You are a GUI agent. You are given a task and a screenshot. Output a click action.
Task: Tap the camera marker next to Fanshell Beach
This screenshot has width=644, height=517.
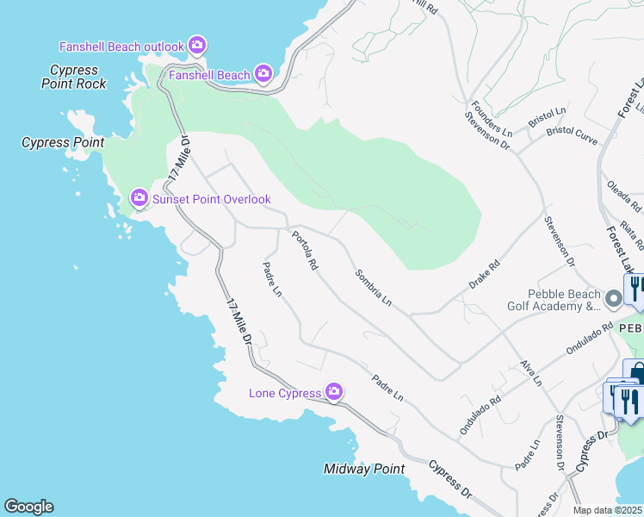pyautogui.click(x=263, y=75)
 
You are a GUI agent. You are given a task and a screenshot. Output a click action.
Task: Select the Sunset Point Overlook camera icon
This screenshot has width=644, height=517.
pyautogui.click(x=139, y=199)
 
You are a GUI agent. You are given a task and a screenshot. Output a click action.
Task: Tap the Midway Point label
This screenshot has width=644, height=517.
pyautogui.click(x=363, y=469)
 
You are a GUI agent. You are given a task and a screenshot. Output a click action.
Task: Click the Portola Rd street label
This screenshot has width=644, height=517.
pyautogui.click(x=305, y=252)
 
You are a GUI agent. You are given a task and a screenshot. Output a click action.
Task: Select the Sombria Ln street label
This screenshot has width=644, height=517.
pyautogui.click(x=374, y=288)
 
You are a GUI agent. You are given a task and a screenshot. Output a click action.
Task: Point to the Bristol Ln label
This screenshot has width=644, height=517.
pyautogui.click(x=548, y=118)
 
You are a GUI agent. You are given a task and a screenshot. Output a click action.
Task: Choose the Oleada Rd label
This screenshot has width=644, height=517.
pyautogui.click(x=625, y=196)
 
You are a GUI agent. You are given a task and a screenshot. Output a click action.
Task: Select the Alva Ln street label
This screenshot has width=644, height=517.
pyautogui.click(x=531, y=371)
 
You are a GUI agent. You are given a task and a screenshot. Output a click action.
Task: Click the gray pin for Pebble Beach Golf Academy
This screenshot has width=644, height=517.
pyautogui.click(x=613, y=299)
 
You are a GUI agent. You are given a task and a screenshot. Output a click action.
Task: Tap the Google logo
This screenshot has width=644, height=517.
pyautogui.click(x=28, y=507)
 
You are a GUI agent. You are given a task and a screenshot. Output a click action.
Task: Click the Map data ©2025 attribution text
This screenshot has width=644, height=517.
pyautogui.click(x=608, y=510)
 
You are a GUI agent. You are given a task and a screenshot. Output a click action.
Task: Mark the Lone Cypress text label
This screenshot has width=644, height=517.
pyautogui.click(x=286, y=393)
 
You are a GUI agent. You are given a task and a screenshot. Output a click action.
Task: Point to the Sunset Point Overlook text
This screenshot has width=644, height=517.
pyautogui.click(x=212, y=199)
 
